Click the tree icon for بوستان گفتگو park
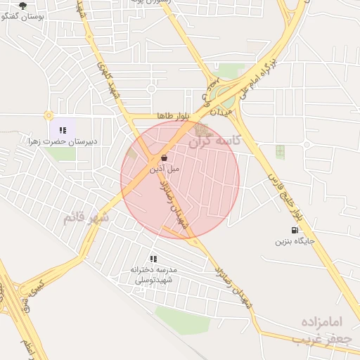(22, 6)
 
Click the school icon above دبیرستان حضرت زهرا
(63, 129)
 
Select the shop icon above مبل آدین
(164, 157)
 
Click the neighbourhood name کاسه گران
(214, 140)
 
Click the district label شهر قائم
(86, 217)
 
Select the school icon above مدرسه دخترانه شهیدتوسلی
(153, 259)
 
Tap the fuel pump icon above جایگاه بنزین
(294, 230)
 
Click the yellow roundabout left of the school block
(49, 115)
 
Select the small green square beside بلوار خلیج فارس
(281, 151)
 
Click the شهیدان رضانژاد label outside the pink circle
(233, 287)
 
